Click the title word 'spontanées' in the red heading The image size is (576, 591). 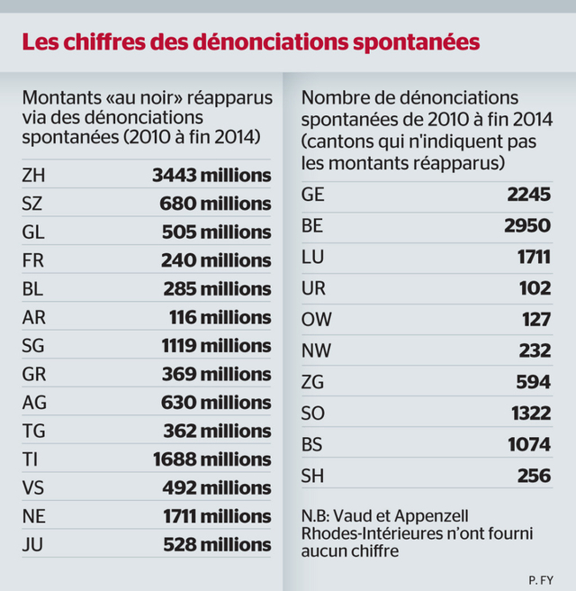click(x=408, y=41)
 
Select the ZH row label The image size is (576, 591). click(x=32, y=175)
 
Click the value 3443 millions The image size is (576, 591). click(x=212, y=175)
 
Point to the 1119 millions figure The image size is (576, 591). click(x=212, y=346)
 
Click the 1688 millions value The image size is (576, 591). click(x=212, y=459)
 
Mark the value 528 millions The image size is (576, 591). click(x=217, y=545)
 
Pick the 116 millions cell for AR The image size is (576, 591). click(x=220, y=317)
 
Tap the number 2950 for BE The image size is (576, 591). click(x=527, y=224)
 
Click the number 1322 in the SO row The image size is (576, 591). click(x=530, y=413)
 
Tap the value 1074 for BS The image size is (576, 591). click(x=529, y=445)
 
